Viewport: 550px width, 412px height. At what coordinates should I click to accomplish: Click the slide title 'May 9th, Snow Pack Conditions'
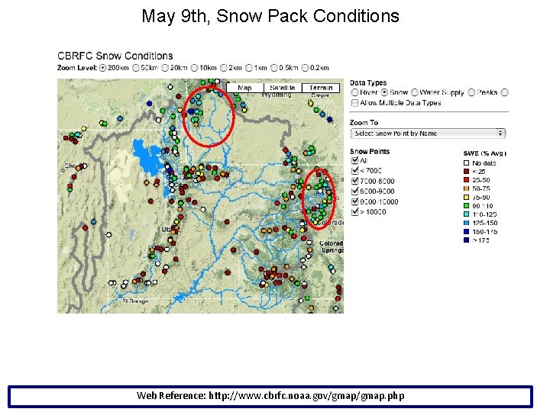[270, 16]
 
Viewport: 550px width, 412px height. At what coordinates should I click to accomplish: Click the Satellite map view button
[282, 88]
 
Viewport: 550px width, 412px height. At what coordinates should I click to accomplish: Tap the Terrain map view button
[320, 88]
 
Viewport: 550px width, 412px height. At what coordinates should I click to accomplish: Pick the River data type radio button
[354, 92]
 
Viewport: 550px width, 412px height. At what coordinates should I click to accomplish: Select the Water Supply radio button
[414, 92]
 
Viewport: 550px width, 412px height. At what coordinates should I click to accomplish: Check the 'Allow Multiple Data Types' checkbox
[354, 102]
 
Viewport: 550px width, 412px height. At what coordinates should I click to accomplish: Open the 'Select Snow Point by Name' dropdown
[428, 133]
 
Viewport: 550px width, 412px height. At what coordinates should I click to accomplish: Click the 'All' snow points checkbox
[354, 161]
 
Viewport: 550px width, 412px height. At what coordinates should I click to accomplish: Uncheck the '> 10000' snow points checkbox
[354, 212]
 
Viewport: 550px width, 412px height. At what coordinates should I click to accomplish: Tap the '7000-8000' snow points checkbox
[354, 182]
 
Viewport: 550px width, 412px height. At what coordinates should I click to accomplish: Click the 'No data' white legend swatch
[466, 163]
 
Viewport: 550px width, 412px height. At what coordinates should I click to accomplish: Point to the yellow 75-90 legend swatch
[466, 198]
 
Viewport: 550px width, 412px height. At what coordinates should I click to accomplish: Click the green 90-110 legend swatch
[466, 206]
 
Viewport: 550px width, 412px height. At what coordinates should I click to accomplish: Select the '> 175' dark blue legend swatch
[466, 240]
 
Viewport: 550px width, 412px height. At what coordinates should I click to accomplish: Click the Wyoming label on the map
[277, 95]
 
